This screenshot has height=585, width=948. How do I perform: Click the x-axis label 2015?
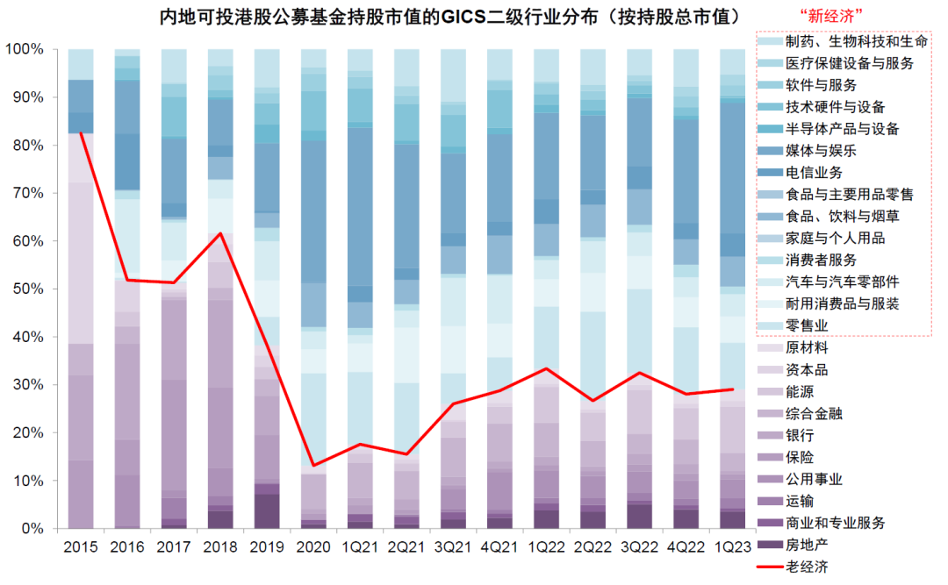pyautogui.click(x=81, y=546)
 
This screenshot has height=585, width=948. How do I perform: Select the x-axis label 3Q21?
pyautogui.click(x=453, y=546)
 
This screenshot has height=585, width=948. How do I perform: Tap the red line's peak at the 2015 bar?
pyautogui.click(x=81, y=132)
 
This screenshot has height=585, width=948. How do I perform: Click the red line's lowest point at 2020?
pyautogui.click(x=313, y=466)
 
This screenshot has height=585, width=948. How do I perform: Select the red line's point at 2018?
pyautogui.click(x=220, y=233)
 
